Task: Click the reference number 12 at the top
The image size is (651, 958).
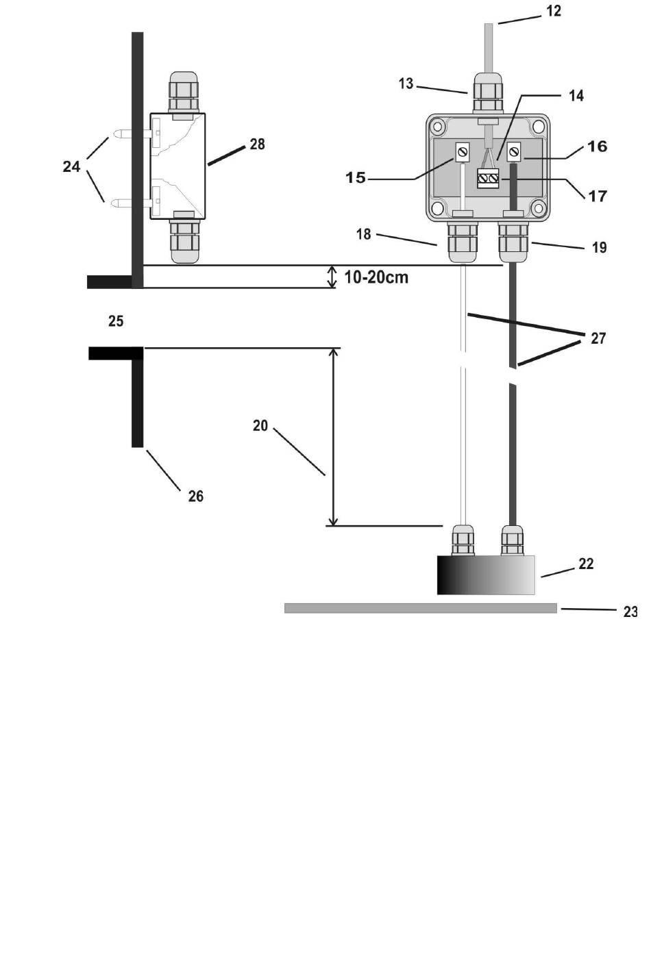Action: click(554, 11)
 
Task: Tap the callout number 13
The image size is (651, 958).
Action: click(406, 84)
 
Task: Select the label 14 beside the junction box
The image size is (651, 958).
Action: click(576, 96)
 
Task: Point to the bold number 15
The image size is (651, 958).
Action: click(356, 177)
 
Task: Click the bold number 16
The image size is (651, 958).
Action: click(597, 147)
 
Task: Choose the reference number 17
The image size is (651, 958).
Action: click(598, 197)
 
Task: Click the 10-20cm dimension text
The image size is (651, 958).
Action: click(376, 277)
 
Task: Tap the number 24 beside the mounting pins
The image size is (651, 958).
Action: click(71, 166)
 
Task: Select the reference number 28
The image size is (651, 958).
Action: click(257, 144)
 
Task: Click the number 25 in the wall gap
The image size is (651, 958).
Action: click(116, 321)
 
